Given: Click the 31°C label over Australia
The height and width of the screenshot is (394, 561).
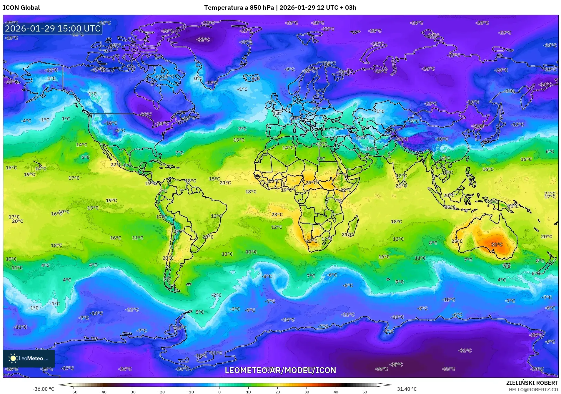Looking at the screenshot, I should coord(497,244).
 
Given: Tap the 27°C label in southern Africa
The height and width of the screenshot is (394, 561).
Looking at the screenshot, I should coord(312,241).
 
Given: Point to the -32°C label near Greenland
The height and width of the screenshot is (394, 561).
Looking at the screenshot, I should coord(203,39).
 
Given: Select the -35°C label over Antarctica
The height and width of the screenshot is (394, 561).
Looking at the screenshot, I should coord(396,365).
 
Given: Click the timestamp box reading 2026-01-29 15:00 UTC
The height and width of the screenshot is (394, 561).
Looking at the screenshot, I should coord(53,29).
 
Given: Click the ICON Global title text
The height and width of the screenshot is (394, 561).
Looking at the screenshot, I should coord(21,8).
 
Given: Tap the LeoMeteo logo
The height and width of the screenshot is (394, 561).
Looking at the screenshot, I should coord(29,358).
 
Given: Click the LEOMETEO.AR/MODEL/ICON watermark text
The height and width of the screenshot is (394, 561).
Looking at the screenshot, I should coord(280,370).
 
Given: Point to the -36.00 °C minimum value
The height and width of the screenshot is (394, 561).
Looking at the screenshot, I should coord(43,389).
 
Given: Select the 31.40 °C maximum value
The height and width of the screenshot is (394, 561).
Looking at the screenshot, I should coord(407,389).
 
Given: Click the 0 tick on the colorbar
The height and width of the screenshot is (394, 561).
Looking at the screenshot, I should coord(219,392).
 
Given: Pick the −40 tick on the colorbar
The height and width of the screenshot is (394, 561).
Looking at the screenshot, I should coord(103,392).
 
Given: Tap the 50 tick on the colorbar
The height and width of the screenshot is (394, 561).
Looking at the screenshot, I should coord(364,392).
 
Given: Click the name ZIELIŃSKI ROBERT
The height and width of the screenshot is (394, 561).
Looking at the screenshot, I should coord(532,383).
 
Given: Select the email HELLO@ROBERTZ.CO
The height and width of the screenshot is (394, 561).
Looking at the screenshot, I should coord(533,390).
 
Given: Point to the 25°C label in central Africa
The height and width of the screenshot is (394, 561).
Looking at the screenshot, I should coord(311,183).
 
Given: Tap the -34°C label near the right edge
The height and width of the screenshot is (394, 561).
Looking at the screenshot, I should coord(545,85).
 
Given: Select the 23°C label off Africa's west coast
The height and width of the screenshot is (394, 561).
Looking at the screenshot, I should coord(277,214).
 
